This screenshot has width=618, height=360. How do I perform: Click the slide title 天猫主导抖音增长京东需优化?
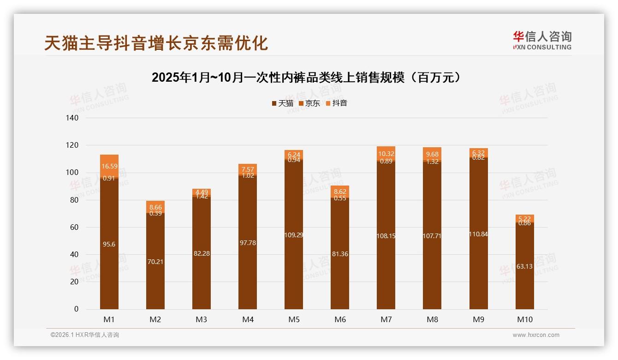[x=156, y=43]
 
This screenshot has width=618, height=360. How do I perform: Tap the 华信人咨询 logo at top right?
[x=542, y=40]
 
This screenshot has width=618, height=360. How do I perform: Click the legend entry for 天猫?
[x=282, y=103]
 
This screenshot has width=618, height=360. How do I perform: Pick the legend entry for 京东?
[x=309, y=103]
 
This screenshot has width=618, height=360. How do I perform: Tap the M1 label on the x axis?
[x=109, y=319]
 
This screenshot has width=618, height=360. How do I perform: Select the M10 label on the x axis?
[x=525, y=319]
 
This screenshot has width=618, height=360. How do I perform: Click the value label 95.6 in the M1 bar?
[x=109, y=244]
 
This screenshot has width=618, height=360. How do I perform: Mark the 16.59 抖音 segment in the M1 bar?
[x=109, y=166]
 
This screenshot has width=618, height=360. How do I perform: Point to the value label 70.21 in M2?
[x=155, y=262]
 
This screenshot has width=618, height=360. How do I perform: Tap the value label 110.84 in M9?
[x=478, y=234]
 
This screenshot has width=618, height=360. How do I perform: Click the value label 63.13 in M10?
[x=525, y=266]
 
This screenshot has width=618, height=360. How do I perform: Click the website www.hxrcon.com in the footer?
[x=536, y=335]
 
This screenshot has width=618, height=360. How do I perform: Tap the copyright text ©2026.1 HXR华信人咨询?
[x=85, y=335]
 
